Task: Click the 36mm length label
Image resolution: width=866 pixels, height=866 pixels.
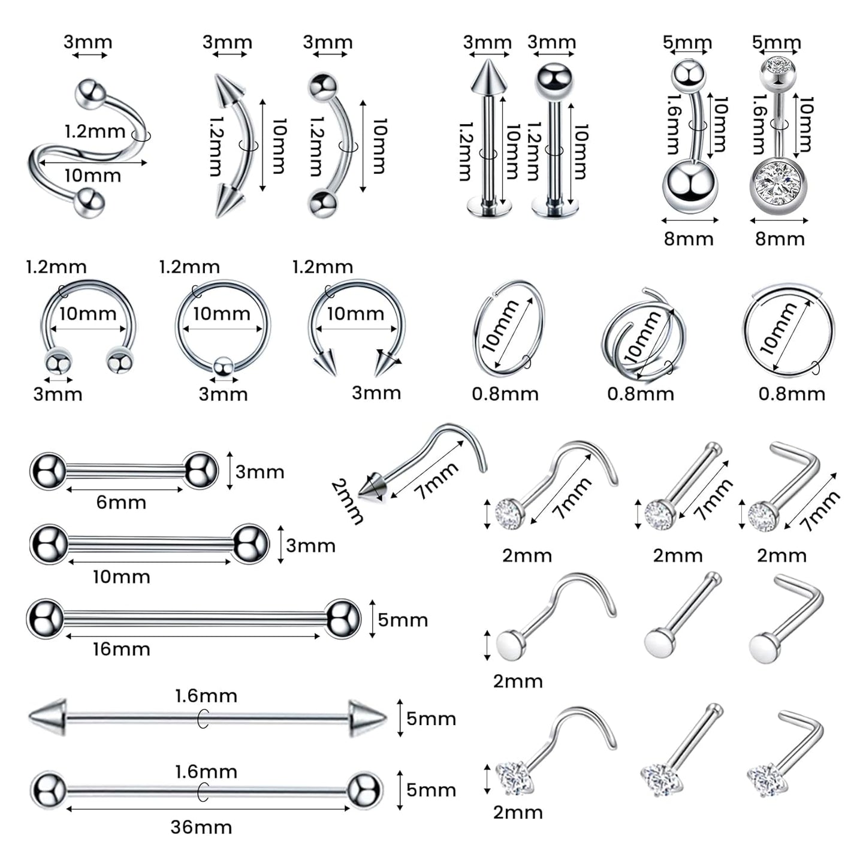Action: [x=201, y=827]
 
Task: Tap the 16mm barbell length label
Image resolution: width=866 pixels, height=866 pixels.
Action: [x=121, y=649]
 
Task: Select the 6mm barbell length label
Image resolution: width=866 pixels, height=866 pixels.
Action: [x=121, y=502]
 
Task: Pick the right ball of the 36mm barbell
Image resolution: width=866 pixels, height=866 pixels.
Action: [x=364, y=790]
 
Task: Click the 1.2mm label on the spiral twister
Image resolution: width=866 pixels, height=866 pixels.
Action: [x=95, y=131]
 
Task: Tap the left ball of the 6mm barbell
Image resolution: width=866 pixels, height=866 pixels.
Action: [x=48, y=472]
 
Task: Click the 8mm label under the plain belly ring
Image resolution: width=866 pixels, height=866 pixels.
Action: [x=689, y=239]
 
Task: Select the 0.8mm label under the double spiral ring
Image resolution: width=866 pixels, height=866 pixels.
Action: [x=641, y=394]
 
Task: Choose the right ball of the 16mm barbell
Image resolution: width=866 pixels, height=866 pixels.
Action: [x=343, y=618]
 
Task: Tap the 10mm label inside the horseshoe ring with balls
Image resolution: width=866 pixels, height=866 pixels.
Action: [x=87, y=313]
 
